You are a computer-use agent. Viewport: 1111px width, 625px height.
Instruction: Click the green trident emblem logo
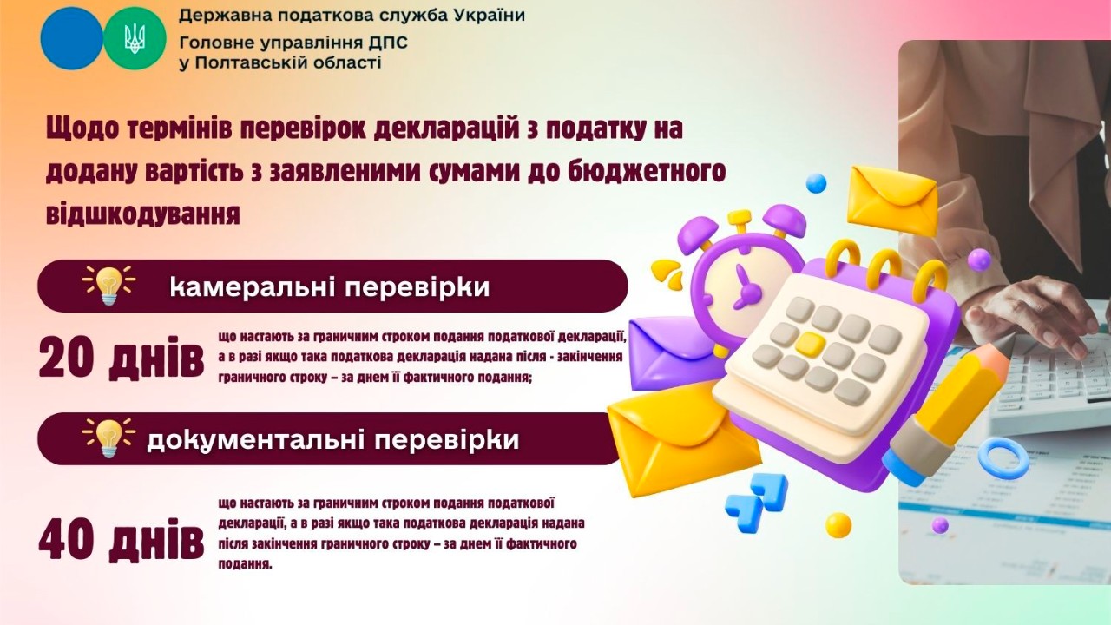pos(135,38)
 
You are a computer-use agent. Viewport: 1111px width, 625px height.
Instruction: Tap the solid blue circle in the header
pos(71,38)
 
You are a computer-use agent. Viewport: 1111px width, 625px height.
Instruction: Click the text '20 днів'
pos(121,359)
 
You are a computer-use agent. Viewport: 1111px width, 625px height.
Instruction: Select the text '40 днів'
pos(121,540)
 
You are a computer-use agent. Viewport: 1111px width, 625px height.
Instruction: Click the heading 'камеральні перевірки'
pos(330,286)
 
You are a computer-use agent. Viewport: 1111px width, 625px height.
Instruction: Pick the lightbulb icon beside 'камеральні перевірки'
pos(108,285)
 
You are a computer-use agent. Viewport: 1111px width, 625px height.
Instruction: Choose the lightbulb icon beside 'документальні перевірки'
pos(108,437)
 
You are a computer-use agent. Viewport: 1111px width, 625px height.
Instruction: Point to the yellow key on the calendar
pos(809,345)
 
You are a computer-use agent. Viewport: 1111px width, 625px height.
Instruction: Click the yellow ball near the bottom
pos(838,525)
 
